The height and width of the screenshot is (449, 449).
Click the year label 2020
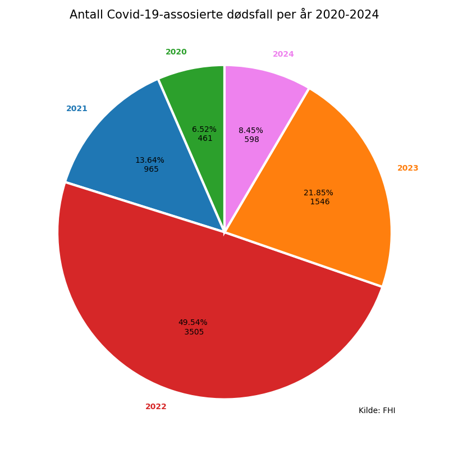176,52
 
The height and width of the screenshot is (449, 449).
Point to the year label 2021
77,109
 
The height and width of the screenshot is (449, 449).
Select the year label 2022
156,407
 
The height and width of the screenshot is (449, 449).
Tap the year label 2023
408,168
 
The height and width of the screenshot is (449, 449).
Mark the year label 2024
283,54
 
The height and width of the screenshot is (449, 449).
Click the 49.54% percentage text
193,323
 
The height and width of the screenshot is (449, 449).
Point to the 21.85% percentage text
318,193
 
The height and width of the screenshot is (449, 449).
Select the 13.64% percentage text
150,161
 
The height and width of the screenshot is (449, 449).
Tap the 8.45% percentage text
251,131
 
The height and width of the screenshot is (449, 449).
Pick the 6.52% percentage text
204,130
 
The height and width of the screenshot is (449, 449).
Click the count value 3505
194,332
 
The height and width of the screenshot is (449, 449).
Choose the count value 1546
320,202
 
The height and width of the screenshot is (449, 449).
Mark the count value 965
151,169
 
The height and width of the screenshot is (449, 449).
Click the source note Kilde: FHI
377,411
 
